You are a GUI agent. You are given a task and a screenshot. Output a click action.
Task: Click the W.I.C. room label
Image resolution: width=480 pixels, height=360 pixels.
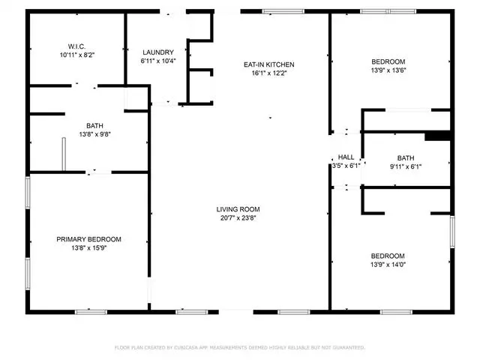coord(76,46)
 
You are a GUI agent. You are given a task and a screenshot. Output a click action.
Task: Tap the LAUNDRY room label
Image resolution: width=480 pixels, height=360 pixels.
coord(158,52)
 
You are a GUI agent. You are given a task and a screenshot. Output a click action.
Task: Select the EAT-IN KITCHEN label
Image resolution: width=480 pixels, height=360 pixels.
coord(268,64)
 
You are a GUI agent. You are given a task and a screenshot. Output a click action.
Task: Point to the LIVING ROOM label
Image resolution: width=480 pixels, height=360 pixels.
coord(238,209)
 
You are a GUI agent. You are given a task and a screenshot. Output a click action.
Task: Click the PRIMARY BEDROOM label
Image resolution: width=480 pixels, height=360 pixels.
coord(88,239)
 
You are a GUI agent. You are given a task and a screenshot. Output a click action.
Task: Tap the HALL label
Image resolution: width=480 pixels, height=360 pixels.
coord(346,157)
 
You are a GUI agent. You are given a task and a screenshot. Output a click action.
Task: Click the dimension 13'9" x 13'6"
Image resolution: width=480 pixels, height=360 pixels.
coord(388,70)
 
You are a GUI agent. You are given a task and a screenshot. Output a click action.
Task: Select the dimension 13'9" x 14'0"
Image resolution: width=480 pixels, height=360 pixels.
coord(388,265)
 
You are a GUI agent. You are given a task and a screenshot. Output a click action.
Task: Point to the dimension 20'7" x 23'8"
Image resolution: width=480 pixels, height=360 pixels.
coord(238,218)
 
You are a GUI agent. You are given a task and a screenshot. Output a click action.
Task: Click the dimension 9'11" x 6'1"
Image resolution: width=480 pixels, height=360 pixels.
coord(406,166)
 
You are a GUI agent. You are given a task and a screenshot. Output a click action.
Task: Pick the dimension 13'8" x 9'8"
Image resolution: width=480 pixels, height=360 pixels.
coord(95,134)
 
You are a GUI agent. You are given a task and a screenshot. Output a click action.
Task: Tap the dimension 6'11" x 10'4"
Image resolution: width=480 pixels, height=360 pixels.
coord(158,61)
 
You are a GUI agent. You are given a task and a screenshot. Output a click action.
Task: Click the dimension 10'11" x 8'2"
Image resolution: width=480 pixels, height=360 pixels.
coord(76,55)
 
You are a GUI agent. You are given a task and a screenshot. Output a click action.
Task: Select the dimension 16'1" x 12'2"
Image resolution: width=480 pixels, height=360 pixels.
coord(268,73)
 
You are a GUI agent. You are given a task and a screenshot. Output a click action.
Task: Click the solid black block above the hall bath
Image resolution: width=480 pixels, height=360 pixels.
coord(437,136)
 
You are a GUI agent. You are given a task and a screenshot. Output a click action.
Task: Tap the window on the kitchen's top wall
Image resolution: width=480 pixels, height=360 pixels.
coord(283,12)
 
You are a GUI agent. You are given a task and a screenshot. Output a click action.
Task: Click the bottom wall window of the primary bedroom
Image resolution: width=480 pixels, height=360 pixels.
coord(91,312)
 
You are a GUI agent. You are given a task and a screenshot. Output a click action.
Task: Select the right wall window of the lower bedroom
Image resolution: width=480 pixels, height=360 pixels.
coord(452,232)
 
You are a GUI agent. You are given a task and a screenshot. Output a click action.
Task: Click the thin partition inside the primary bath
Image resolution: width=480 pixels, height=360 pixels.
coord(64,154)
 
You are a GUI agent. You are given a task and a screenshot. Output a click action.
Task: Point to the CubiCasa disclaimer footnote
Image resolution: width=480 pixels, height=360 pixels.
coord(240,347)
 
